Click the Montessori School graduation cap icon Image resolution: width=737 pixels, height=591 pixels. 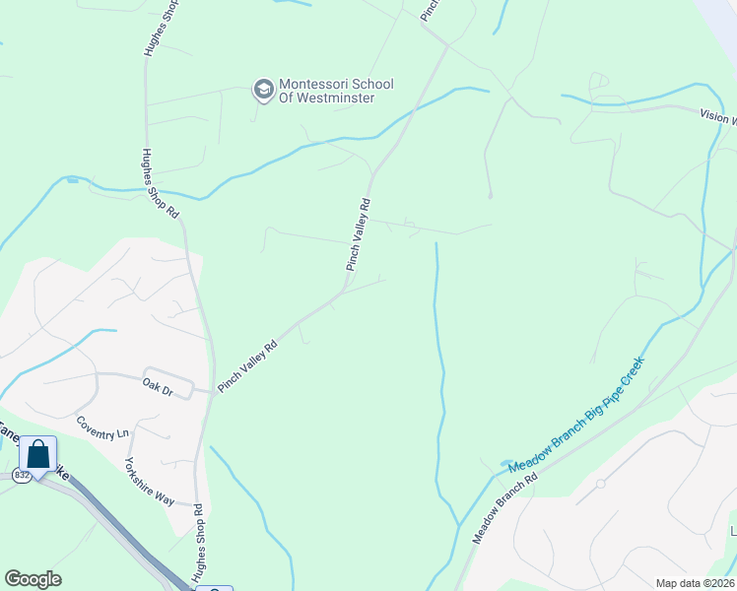263,91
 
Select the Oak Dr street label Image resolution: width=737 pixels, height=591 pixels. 158,387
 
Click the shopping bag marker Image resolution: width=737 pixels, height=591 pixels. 38,455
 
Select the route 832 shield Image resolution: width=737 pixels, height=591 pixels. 22,475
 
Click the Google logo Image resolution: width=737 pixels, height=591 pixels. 33,579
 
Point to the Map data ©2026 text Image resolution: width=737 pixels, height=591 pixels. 695,583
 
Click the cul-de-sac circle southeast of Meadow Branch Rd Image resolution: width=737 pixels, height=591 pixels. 599,485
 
